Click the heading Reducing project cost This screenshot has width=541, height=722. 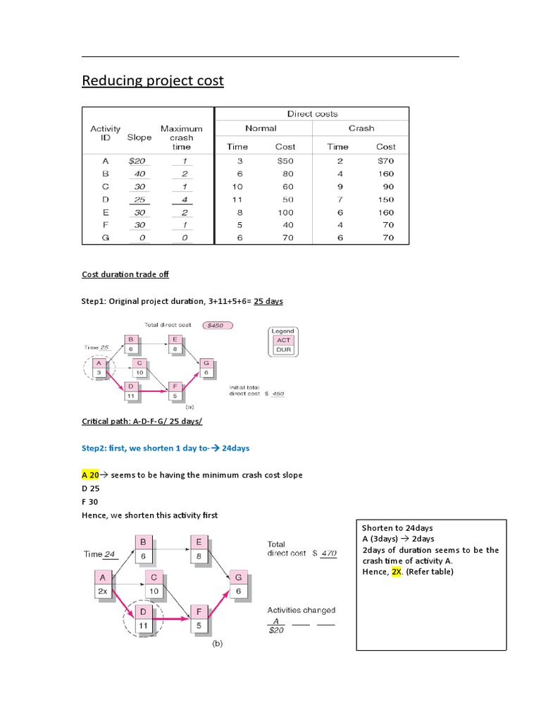(x=153, y=81)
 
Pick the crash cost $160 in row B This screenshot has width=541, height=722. (x=385, y=173)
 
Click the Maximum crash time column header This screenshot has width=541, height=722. (x=181, y=137)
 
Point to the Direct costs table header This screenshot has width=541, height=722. (x=311, y=114)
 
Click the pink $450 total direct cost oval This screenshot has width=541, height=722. (x=217, y=325)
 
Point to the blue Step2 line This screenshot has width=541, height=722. (x=166, y=448)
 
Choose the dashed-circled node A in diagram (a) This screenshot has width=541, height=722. (x=99, y=367)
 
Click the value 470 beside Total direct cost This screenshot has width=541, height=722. (x=328, y=554)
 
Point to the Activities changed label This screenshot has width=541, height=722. (x=301, y=610)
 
